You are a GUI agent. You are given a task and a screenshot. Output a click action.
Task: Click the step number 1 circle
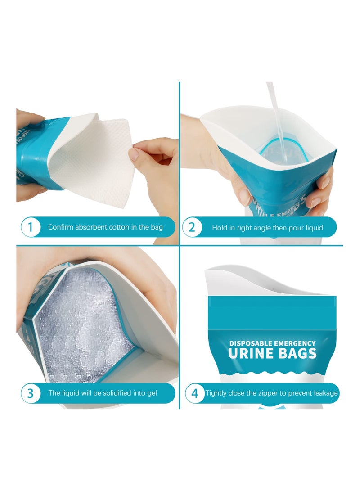pos(31,227)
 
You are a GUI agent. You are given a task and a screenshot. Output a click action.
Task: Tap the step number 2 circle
pos(192,227)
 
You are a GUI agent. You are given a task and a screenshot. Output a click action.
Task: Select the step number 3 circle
pos(31,393)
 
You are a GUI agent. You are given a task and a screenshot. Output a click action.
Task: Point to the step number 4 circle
pos(195,393)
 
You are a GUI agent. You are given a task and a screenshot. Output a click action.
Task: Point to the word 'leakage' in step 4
pos(323,393)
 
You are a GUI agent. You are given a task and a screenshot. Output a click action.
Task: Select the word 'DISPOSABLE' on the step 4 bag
pos(252,343)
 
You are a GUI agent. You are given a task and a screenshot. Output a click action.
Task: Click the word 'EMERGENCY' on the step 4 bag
pos(295,343)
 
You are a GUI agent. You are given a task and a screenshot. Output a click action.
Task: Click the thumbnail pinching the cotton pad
pos(134,154)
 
